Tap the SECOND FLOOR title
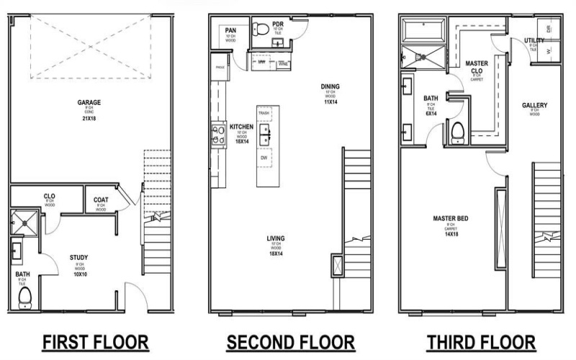[x=290, y=341]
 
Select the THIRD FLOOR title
[x=481, y=341]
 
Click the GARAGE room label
[x=89, y=102]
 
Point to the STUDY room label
[x=79, y=257]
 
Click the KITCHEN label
[x=241, y=127]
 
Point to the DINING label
[x=330, y=87]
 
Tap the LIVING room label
[x=276, y=238]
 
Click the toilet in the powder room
[x=262, y=30]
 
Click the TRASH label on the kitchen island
[x=264, y=114]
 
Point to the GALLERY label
[x=535, y=105]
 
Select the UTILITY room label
[x=534, y=40]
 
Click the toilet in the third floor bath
[x=456, y=132]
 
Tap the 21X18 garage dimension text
[x=89, y=118]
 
